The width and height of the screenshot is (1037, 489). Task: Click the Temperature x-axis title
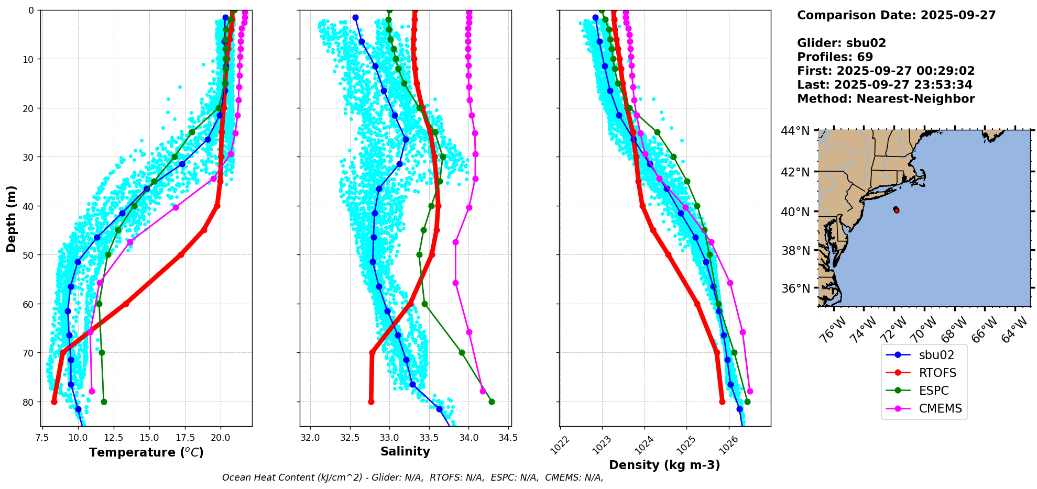coord(146,452)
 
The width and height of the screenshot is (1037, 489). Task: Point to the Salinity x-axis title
coord(405,451)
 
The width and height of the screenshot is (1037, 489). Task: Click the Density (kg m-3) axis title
coord(664,465)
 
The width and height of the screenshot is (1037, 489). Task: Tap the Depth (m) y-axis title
coord(12,218)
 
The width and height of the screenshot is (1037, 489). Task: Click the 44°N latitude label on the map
coord(795,131)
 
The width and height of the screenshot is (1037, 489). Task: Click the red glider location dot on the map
coord(897,210)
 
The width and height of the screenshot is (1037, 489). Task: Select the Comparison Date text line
coord(896,15)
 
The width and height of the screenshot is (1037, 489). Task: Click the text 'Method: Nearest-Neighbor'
coord(886,99)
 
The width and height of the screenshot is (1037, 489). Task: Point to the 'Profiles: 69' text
coord(835,57)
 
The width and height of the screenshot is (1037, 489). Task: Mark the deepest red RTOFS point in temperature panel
coord(54,402)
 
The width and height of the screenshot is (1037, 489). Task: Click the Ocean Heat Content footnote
coord(412,477)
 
